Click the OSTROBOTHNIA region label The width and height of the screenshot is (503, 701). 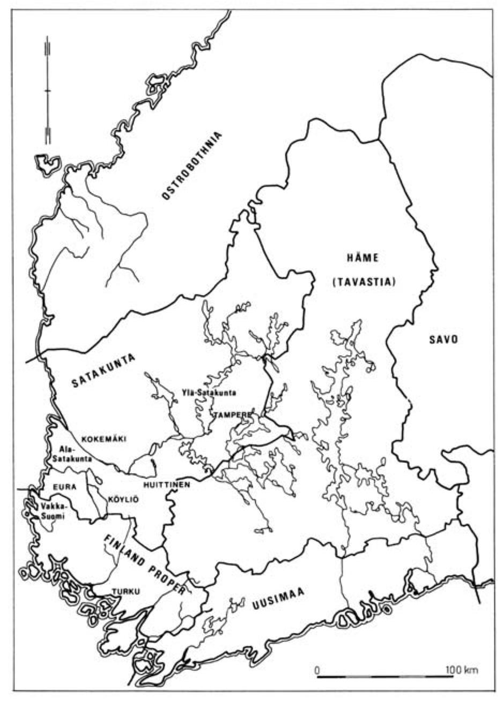(192, 166)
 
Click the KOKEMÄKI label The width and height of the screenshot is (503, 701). (103, 439)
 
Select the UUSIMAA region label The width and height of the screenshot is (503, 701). (277, 598)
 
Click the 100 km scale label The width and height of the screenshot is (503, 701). (462, 670)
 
